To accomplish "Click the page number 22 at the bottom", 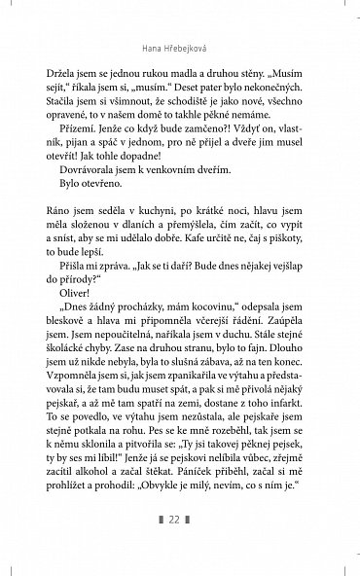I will tap(179, 548).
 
